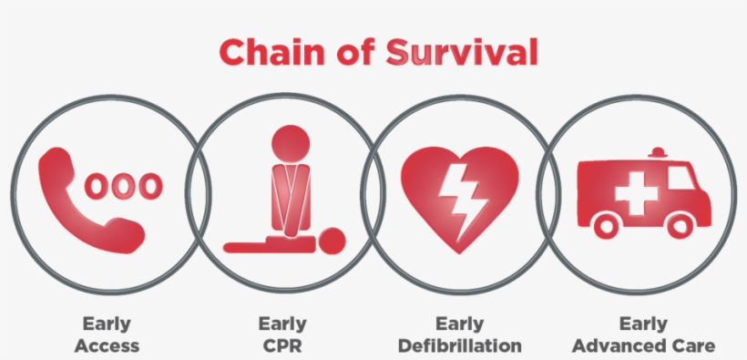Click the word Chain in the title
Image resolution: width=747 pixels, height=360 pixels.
point(264,53)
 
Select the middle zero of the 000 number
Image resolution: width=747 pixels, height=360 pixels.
point(123,186)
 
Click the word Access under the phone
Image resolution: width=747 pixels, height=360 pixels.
point(107,345)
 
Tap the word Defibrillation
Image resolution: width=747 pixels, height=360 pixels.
point(460,345)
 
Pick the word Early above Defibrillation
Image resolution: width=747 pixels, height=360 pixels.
point(459,324)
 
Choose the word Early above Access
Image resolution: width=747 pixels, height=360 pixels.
point(107,324)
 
